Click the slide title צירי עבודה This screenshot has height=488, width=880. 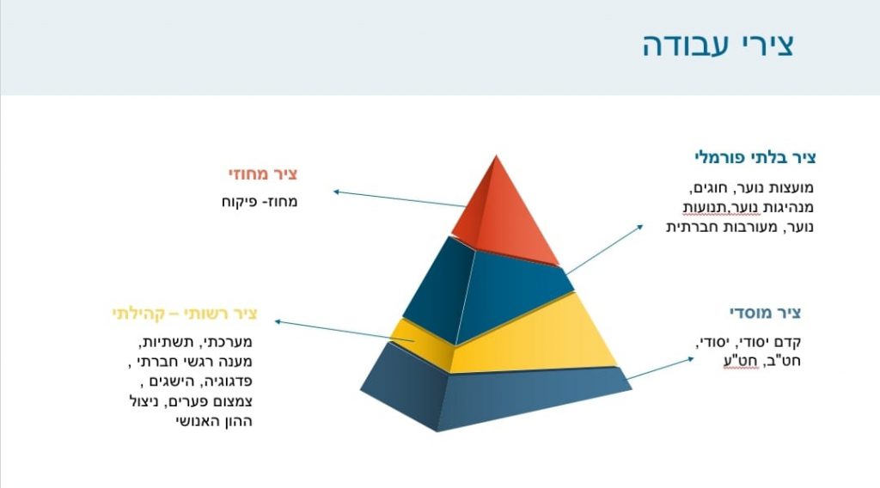(x=718, y=45)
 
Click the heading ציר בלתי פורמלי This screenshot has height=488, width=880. (x=755, y=157)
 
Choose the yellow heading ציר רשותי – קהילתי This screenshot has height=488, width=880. (x=184, y=313)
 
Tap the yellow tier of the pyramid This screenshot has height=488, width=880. (x=533, y=339)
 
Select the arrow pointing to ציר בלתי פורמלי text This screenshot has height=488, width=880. (x=606, y=249)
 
